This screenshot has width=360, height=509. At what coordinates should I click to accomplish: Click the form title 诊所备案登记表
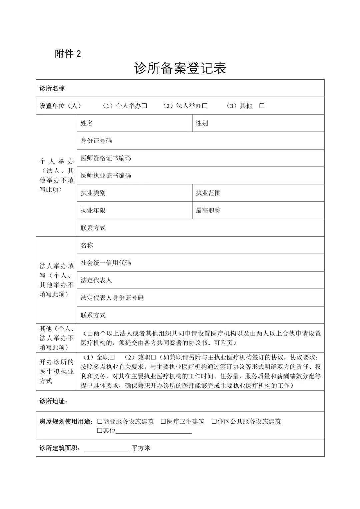click(180, 68)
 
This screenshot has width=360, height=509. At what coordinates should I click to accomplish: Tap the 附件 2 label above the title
click(68, 54)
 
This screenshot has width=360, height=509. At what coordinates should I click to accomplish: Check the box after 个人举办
click(144, 106)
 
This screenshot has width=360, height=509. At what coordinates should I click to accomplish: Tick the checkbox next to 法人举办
click(205, 106)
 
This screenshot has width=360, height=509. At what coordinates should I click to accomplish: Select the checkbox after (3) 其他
click(262, 106)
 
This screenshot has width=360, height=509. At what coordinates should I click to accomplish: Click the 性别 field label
click(202, 123)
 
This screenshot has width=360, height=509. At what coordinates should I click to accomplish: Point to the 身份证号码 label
click(96, 141)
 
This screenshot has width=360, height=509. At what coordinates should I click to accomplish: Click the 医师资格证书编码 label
click(106, 158)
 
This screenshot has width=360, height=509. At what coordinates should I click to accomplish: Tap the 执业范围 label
click(208, 193)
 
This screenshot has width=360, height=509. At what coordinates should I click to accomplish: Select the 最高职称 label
click(208, 211)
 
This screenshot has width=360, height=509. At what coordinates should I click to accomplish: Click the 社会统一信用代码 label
click(106, 263)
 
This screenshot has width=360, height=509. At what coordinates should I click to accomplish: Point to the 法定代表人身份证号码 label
click(112, 297)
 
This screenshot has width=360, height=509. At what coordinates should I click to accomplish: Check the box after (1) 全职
click(112, 357)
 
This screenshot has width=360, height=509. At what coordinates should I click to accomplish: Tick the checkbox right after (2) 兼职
click(154, 357)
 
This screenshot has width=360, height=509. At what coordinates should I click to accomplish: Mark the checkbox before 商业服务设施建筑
click(100, 421)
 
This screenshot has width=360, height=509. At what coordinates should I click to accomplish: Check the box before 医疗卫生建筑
click(163, 421)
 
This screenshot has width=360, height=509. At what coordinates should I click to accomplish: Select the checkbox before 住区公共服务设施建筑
click(214, 421)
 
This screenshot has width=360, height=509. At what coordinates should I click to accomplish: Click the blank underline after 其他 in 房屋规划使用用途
click(153, 431)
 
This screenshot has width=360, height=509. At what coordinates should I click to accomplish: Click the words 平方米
click(141, 448)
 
